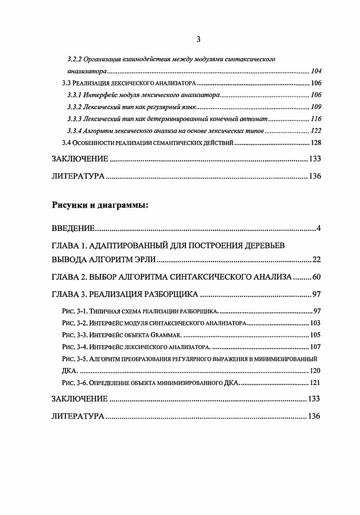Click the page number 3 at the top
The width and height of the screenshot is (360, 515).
tap(198, 39)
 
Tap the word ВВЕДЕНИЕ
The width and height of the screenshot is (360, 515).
tap(72, 228)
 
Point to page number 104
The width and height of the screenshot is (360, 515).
tap(316, 71)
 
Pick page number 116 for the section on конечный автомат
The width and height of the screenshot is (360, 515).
tap(316, 119)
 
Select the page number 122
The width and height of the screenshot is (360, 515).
tap(316, 131)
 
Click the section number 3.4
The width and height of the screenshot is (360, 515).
tap(66, 143)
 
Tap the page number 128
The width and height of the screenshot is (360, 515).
tap(316, 143)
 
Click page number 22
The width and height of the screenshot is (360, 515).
tap(317, 260)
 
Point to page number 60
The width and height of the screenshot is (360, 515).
tap(316, 277)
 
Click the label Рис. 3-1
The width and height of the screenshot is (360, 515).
tap(74, 311)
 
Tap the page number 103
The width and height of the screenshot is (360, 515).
tap(315, 323)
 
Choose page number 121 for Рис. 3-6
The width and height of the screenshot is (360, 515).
tap(315, 383)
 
